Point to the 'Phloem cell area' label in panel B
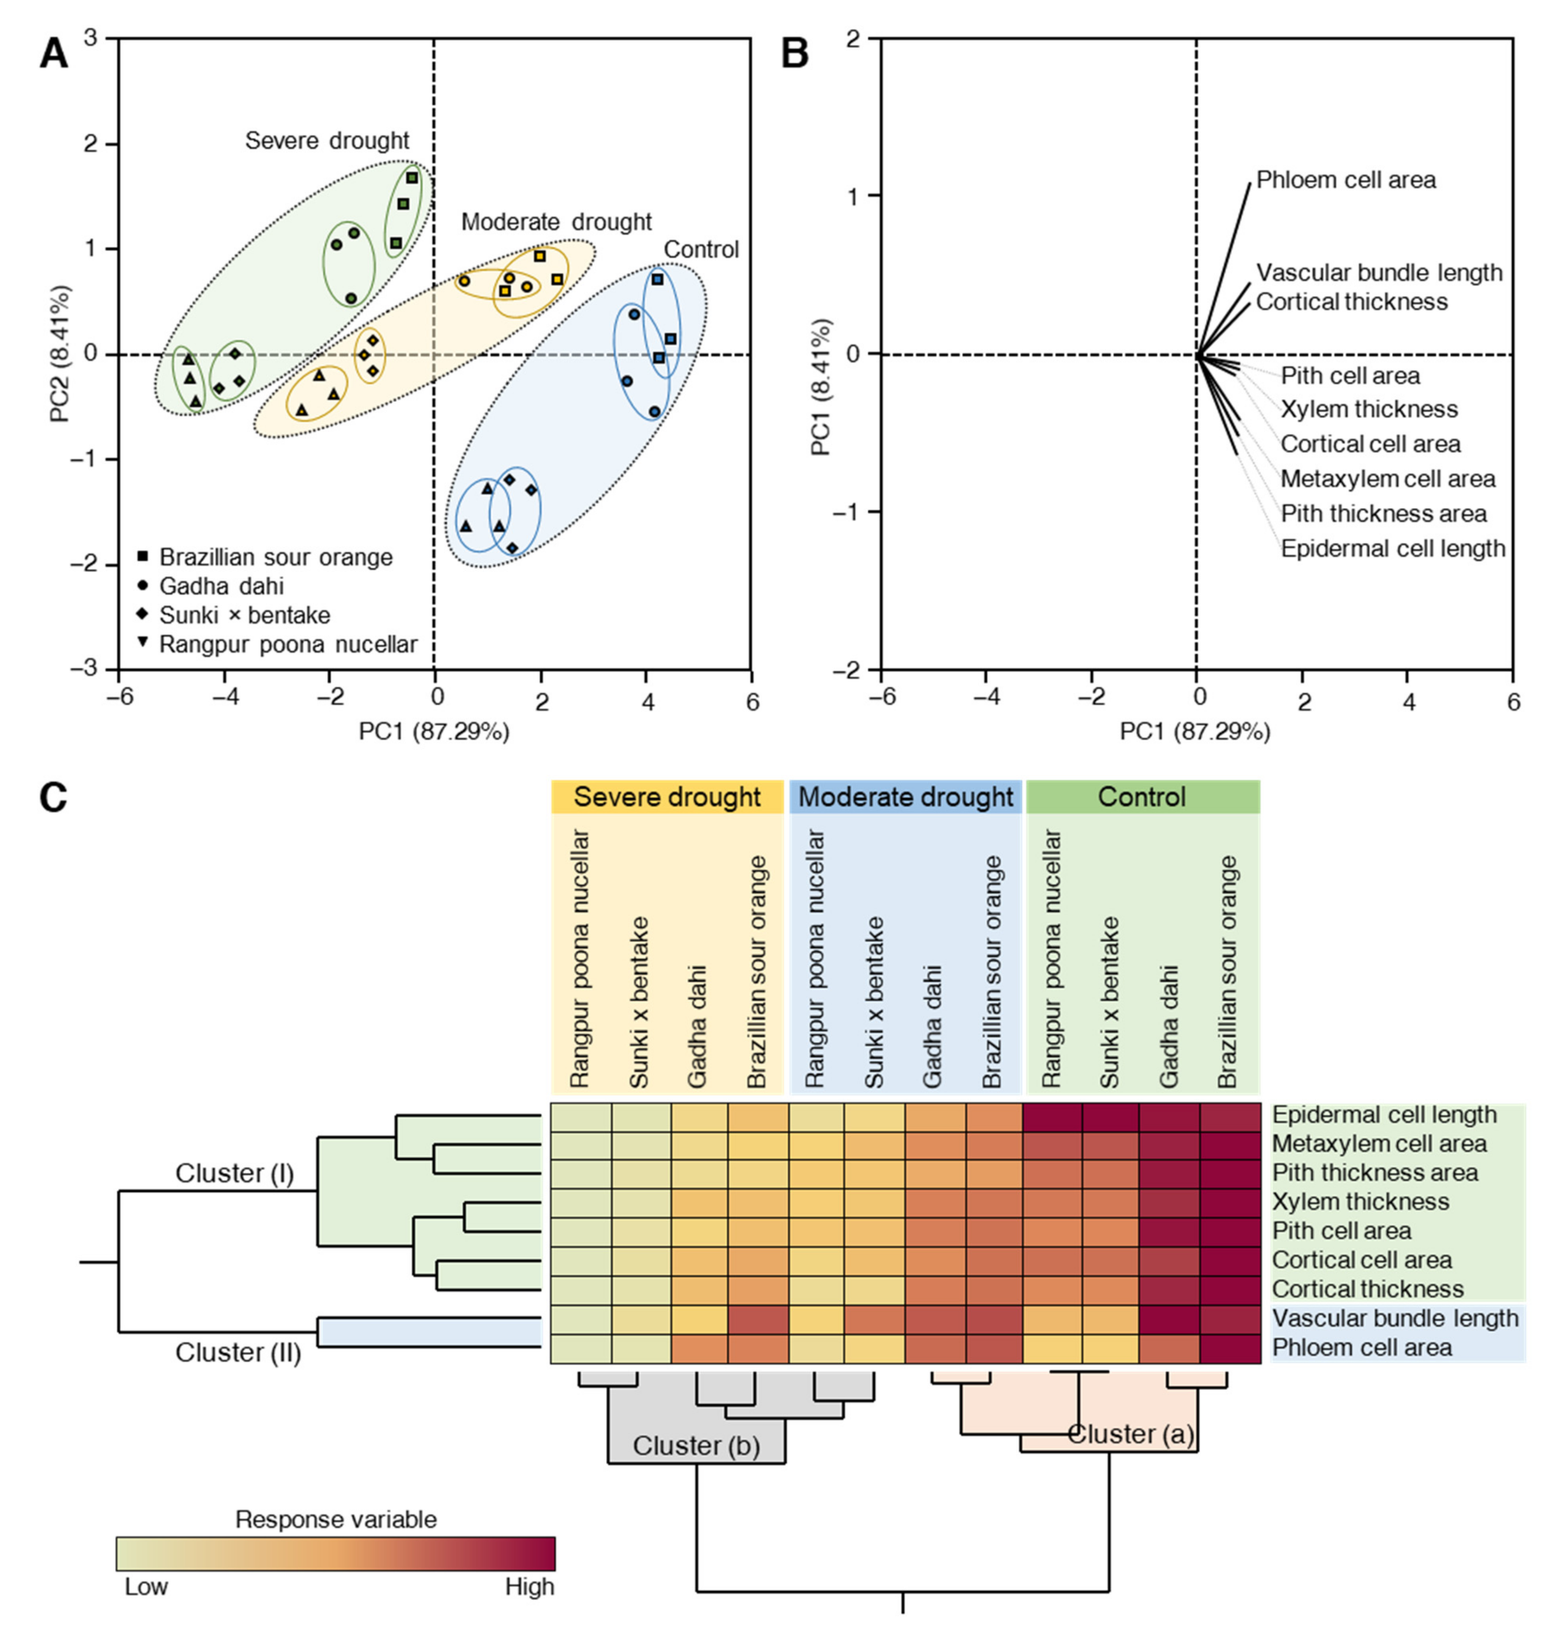[1345, 180]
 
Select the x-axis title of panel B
[1195, 732]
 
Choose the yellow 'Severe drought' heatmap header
[667, 797]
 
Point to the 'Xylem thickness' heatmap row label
[1361, 1201]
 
